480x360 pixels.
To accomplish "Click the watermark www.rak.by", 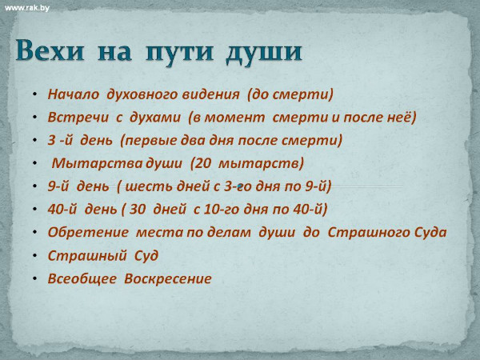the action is pyautogui.click(x=27, y=8).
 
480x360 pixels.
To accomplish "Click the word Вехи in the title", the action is pyautogui.click(x=50, y=50).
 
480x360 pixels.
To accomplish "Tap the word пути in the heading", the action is pyautogui.click(x=179, y=51).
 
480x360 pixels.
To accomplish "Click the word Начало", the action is pyautogui.click(x=74, y=94).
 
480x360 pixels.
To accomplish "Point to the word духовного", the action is pyautogui.click(x=142, y=94).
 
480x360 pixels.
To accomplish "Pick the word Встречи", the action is pyautogui.click(x=78, y=118).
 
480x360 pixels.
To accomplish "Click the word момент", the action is pyautogui.click(x=234, y=118).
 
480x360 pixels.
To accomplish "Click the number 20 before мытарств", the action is pyautogui.click(x=202, y=163).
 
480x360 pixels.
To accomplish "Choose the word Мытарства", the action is pyautogui.click(x=98, y=163).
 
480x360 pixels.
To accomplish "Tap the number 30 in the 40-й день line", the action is pyautogui.click(x=138, y=209).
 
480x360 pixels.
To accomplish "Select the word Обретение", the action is pyautogui.click(x=88, y=232).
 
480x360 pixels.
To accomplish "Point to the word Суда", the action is pyautogui.click(x=430, y=232).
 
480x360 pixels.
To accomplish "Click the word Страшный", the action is pyautogui.click(x=87, y=256).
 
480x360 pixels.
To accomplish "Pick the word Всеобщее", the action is pyautogui.click(x=82, y=279).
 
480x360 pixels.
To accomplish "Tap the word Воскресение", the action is pyautogui.click(x=168, y=279).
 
